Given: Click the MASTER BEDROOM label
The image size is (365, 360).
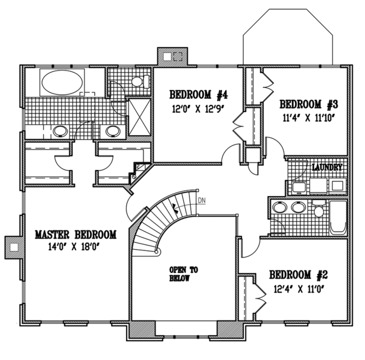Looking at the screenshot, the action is tap(75, 235).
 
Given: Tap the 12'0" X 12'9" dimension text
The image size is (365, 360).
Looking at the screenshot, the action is tap(198, 109).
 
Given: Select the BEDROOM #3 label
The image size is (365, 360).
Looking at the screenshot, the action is tap(308, 104).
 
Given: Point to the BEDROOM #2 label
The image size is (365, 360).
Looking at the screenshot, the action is tap(299, 275).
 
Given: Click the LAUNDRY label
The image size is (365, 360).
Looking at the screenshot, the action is tap(327, 167).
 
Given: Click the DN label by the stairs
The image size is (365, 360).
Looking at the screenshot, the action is tap(201, 200).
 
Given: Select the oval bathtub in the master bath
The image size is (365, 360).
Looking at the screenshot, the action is tap(62, 82).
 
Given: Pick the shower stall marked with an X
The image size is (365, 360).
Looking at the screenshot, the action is tap(140, 117).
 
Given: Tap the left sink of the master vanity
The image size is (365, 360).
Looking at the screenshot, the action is tap(60, 131).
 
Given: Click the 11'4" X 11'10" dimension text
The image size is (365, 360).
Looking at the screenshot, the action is tap(308, 118).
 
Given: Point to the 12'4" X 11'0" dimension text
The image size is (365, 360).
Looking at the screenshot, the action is tap(299, 289).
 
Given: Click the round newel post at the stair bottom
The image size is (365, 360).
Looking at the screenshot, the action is tap(156, 252).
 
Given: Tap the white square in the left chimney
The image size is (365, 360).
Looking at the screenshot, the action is tap(14, 247).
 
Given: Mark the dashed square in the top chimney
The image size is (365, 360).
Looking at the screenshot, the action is tap(178, 57).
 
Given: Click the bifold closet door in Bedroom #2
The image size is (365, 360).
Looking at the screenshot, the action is tap(260, 297).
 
